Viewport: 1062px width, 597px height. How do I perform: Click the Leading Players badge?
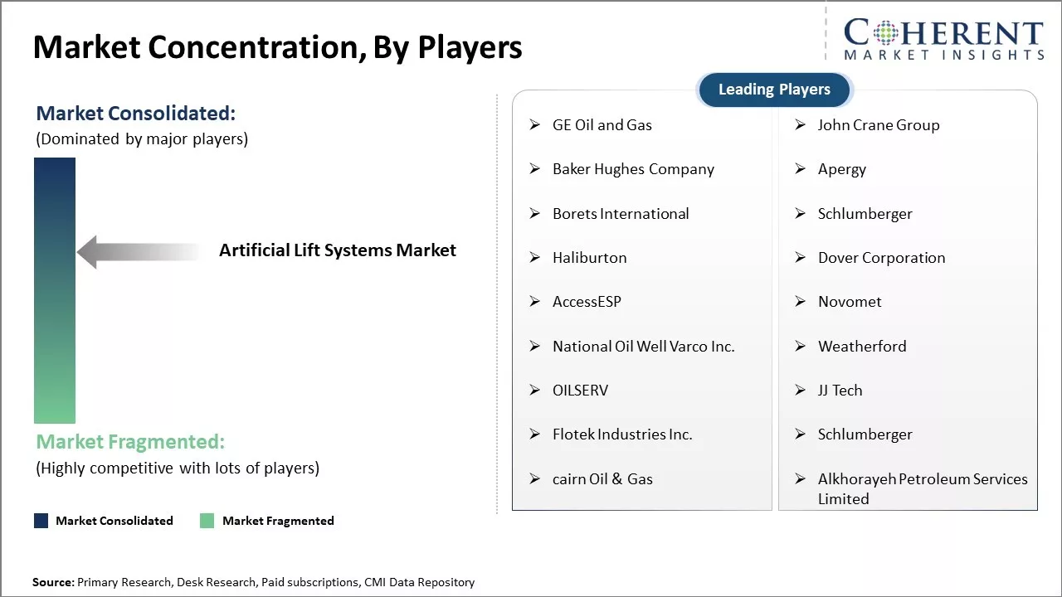tap(775, 90)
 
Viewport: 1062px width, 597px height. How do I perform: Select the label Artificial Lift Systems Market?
tap(337, 250)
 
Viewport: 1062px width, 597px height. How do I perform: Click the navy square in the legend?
tap(41, 521)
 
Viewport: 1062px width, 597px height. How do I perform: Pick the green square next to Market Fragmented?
tap(207, 521)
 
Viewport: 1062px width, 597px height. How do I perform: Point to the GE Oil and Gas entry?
tap(602, 125)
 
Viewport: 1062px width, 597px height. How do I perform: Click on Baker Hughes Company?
tap(633, 169)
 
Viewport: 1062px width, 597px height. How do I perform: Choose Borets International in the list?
tap(621, 214)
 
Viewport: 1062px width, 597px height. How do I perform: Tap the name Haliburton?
tap(589, 258)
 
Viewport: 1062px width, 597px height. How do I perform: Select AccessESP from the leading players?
tap(587, 302)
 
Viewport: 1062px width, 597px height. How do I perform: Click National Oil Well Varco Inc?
tap(643, 347)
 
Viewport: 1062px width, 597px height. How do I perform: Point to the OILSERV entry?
tap(580, 391)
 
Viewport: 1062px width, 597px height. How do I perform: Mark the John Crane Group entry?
tap(879, 125)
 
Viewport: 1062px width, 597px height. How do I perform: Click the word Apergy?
tap(842, 170)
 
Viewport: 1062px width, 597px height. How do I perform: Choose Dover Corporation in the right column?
tap(881, 258)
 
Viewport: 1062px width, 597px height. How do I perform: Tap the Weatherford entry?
tap(862, 347)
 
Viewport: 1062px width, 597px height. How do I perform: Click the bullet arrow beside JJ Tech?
tap(801, 390)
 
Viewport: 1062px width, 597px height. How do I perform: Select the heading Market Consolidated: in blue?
tap(135, 114)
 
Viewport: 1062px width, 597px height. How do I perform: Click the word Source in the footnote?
tap(51, 582)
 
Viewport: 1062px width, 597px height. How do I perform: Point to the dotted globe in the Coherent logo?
tap(885, 32)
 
